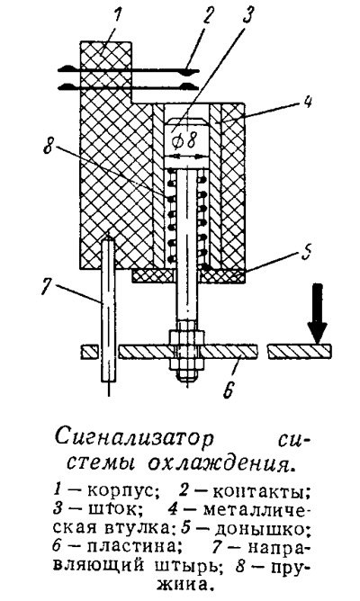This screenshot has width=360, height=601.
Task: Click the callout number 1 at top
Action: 118,17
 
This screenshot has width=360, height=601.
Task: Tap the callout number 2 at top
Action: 208,16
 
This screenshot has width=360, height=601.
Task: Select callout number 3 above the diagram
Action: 248,15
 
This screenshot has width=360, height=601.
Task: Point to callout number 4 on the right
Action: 309,103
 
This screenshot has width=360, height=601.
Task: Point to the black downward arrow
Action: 318,313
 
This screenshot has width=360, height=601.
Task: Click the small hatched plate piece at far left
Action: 90,352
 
